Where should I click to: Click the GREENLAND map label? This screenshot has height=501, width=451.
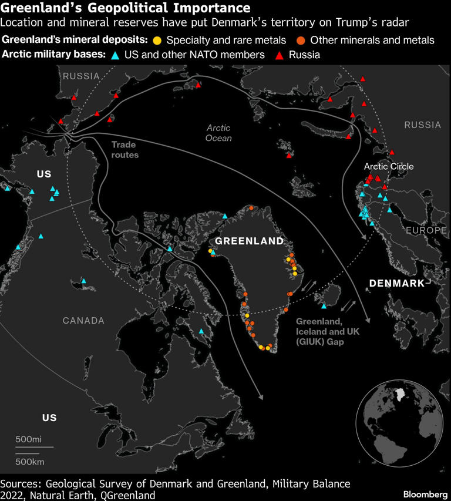click(249, 241)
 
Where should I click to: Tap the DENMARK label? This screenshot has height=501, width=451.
click(396, 284)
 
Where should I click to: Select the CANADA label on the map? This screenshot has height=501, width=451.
click(84, 321)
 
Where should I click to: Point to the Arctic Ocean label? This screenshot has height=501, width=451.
click(219, 133)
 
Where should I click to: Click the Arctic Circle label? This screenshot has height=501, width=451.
click(389, 166)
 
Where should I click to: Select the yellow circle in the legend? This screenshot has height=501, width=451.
click(157, 41)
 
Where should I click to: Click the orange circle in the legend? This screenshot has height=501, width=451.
click(301, 41)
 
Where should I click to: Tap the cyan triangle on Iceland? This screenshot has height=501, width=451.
click(324, 306)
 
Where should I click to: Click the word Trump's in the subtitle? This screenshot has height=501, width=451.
click(374, 23)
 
